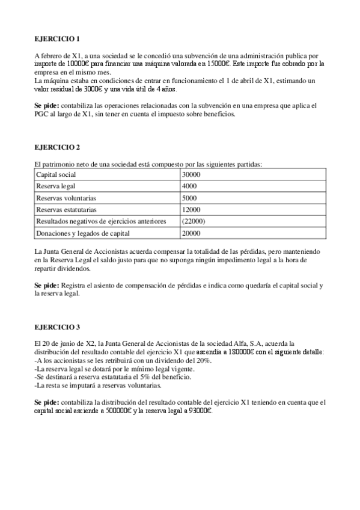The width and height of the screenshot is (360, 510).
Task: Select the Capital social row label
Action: pyautogui.click(x=53, y=174)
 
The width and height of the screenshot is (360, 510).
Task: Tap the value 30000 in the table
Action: pyautogui.click(x=191, y=174)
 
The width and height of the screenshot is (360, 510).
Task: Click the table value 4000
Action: pyautogui.click(x=189, y=186)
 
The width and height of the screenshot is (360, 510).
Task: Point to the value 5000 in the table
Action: pyautogui.click(x=189, y=198)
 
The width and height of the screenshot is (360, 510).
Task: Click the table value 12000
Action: pyautogui.click(x=191, y=209)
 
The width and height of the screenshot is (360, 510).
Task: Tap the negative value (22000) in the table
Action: pyautogui.click(x=193, y=221)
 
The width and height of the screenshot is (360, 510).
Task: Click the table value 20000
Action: pyautogui.click(x=191, y=233)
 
